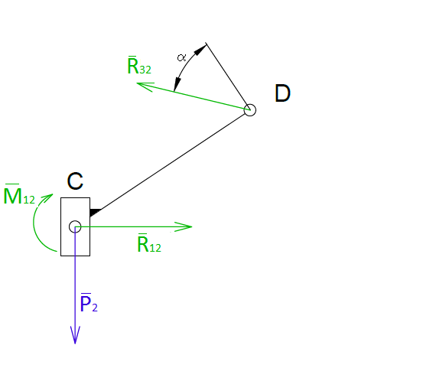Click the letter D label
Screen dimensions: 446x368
tap(282, 93)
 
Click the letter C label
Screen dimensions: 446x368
tap(75, 181)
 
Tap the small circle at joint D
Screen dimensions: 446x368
tap(250, 110)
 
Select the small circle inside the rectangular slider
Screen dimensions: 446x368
tap(75, 226)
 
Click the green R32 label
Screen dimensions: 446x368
tap(139, 65)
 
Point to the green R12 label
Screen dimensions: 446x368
tap(149, 243)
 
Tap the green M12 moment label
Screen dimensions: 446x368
tap(19, 194)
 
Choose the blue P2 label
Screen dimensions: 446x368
tap(89, 303)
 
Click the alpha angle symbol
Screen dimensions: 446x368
tap(181, 57)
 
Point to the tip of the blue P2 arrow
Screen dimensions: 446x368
tap(75, 344)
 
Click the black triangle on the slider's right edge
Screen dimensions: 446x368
tap(95, 212)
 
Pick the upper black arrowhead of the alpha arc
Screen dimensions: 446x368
tap(200, 49)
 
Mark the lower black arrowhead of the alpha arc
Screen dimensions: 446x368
tap(177, 84)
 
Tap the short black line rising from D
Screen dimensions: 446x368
tap(228, 77)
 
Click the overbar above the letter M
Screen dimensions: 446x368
tap(12, 184)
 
